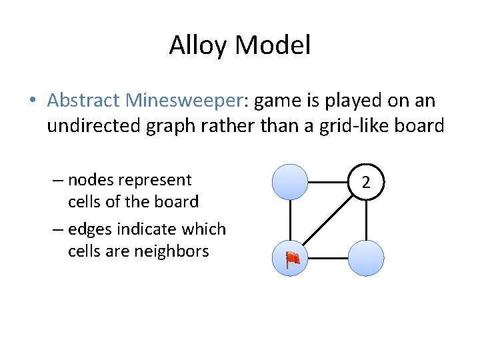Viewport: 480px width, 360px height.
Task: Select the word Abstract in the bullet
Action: [83, 101]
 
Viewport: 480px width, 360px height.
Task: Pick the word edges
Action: [92, 229]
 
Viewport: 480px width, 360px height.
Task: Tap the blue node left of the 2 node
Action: [290, 181]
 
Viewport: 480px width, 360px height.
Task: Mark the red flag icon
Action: [292, 260]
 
